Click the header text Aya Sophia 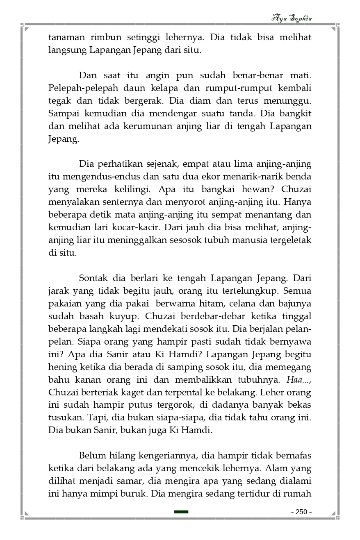(292, 18)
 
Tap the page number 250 (301, 512)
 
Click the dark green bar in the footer (181, 512)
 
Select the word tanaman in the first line (67, 37)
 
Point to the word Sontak (93, 279)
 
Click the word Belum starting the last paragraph (92, 456)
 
